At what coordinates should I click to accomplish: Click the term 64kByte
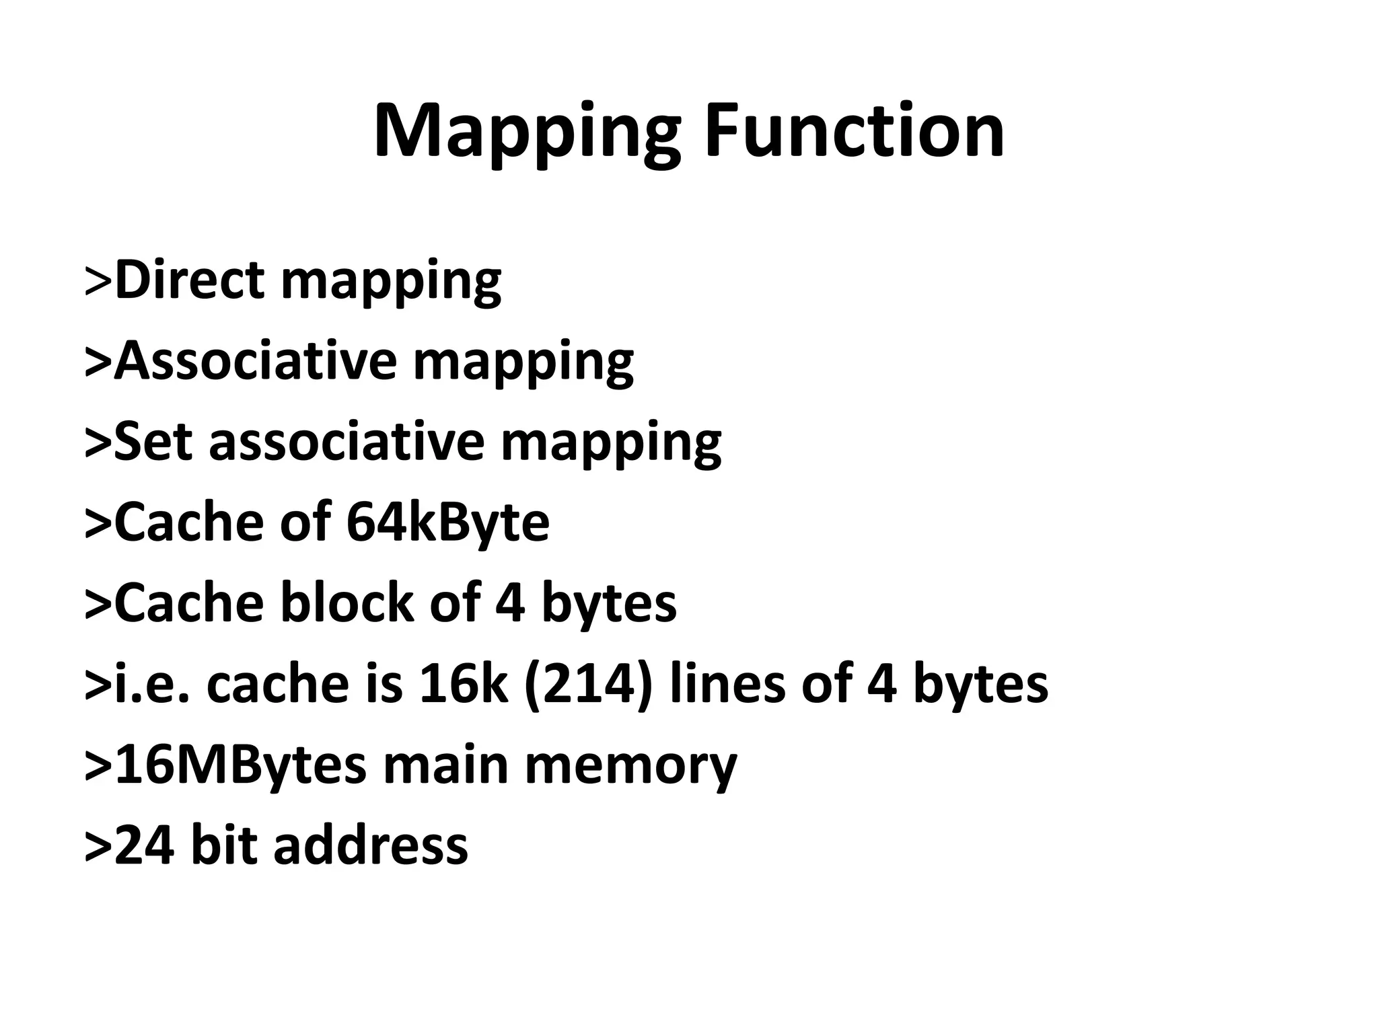[448, 522]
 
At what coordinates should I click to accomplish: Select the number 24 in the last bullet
[145, 845]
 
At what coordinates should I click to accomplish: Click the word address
[370, 845]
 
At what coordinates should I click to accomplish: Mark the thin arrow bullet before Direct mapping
[98, 281]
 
